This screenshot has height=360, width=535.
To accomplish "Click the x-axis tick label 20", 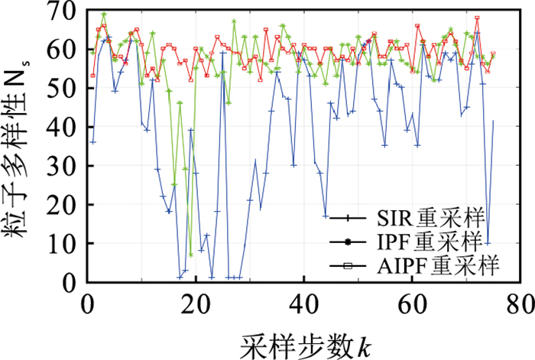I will click(x=196, y=300).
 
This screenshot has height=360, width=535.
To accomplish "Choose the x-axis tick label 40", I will click(x=303, y=300).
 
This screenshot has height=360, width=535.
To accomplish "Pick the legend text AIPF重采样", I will click(x=438, y=267).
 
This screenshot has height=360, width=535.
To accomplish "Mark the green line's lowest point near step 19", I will click(x=190, y=255).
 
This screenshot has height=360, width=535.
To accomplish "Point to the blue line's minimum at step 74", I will click(x=488, y=243).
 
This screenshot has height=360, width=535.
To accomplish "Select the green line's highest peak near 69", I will click(x=104, y=15).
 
